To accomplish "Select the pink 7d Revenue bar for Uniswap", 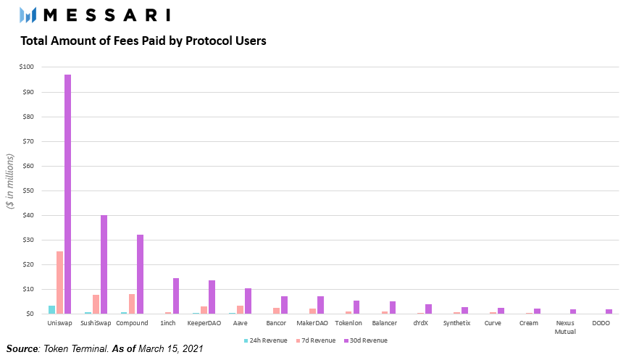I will pos(59,282).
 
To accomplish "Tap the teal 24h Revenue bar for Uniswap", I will pos(51,310).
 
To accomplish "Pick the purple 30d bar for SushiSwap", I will pos(104,264).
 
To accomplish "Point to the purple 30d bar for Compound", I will pos(140,274).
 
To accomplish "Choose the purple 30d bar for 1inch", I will pos(176,296).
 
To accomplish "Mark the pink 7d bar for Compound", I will pos(132,304).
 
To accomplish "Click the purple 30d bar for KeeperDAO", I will pos(212,297).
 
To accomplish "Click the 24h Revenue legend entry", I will pos(268,340).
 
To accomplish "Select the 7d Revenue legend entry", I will pos(317,340).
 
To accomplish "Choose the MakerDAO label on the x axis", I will pos(316,323).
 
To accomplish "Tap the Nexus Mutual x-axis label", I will pos(565,327).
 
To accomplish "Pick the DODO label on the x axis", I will pos(601,323).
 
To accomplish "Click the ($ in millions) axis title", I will pos(10,181).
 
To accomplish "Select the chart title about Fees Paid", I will pos(143,41).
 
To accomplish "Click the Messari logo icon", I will pos(28,14).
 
